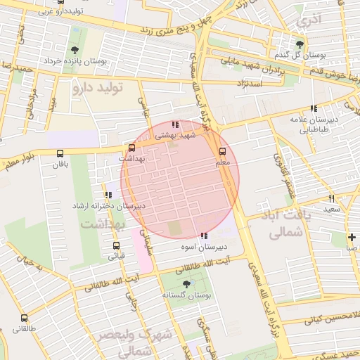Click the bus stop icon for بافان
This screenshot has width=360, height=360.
coord(59,153)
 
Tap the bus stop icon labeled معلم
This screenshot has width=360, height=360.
coord(223,151)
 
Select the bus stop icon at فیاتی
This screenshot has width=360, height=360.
coord(116,245)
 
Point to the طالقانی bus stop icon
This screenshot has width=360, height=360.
coord(24,319)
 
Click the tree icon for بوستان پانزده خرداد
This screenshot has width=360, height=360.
coord(75,49)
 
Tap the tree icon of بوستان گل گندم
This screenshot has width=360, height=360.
coord(302,43)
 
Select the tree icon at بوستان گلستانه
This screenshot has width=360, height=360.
coord(186,284)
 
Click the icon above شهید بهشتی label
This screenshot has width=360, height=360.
coord(174,124)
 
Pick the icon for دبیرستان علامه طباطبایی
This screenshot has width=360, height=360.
coord(314,108)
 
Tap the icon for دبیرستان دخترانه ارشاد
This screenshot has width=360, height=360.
coord(108,195)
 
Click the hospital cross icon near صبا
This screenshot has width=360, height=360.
coord(352,237)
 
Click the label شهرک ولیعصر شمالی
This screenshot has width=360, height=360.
coord(134,340)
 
